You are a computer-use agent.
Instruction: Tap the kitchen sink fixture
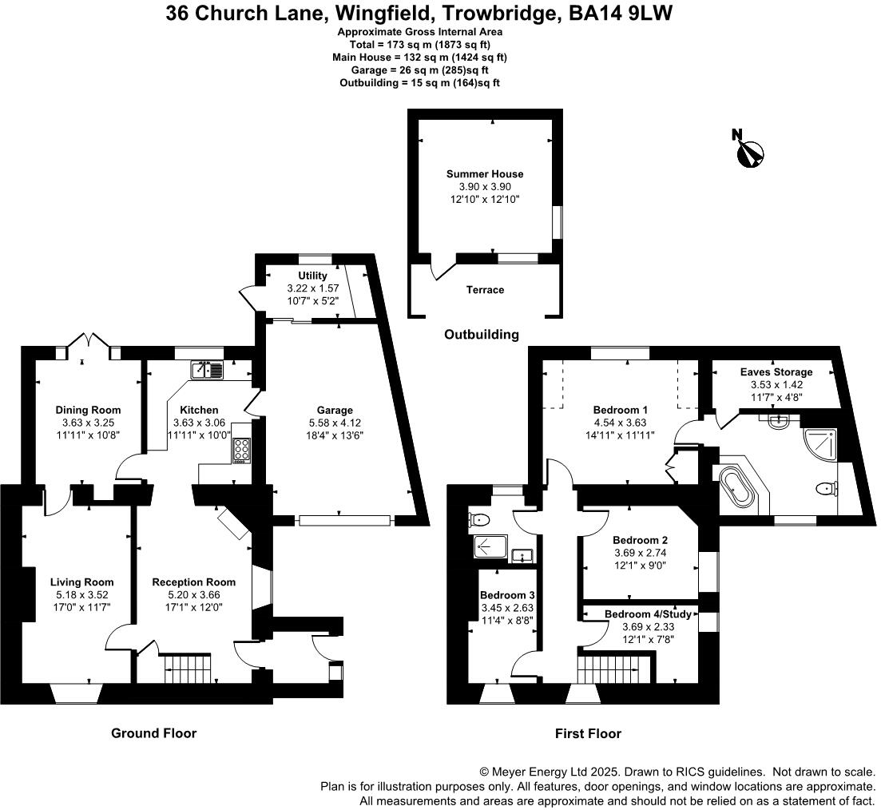coord(207,370)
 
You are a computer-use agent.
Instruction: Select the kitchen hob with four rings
coord(242,451)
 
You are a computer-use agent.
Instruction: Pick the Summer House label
coord(485,174)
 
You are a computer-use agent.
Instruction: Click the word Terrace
coord(485,290)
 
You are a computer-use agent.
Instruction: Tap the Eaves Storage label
coord(776,372)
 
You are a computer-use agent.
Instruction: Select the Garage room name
coord(335,411)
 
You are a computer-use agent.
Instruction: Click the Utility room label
coord(312,276)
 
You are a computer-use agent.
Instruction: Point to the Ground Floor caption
coord(154,733)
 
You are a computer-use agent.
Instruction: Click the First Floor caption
coord(589,733)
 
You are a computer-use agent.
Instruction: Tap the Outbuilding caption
coord(482,335)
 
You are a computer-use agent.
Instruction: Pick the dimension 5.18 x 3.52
coord(82,594)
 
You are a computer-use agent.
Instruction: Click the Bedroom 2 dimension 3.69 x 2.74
coord(641,553)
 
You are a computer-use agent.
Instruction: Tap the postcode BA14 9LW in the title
coord(621,13)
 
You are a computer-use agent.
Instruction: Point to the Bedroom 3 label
coord(507,595)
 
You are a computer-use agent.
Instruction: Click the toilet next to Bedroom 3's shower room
coord(479,520)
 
